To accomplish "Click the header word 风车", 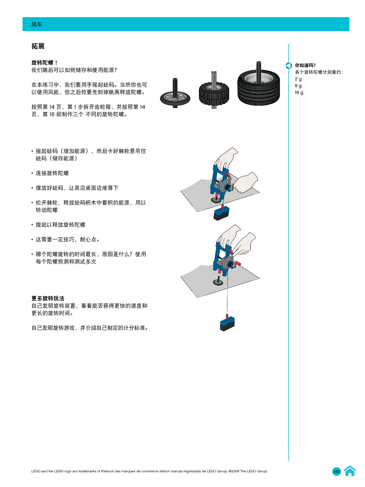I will [37, 25].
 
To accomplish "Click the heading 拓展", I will [38, 46].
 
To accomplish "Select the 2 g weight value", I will [298, 79].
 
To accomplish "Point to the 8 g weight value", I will [298, 86].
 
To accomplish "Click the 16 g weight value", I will [299, 92].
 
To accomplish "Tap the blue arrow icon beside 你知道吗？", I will [289, 65].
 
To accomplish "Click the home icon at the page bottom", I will [349, 471].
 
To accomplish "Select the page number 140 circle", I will [336, 471].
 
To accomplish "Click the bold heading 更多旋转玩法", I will [48, 298].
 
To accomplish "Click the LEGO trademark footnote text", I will [149, 471].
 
